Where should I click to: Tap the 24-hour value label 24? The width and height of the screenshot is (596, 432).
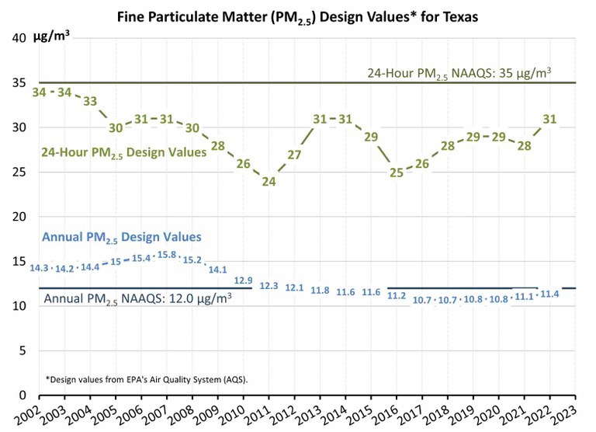click(269, 182)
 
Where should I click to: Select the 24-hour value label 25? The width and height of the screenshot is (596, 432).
click(397, 172)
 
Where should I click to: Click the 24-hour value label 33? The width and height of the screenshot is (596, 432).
click(90, 101)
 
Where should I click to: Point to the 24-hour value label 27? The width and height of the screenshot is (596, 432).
click(294, 155)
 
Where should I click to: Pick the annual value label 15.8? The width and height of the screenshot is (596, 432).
click(166, 254)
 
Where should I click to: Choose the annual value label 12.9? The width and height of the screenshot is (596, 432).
click(243, 280)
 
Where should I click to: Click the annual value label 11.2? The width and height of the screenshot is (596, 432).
click(397, 295)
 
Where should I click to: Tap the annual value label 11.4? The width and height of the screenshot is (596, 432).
click(549, 294)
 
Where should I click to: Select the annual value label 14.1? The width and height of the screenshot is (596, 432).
click(217, 270)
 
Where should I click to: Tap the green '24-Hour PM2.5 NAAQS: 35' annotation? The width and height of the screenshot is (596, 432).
click(459, 73)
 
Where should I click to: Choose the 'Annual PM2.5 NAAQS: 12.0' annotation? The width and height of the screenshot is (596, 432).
click(137, 298)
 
